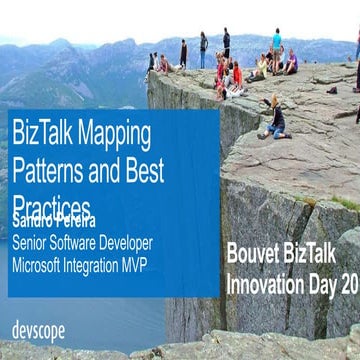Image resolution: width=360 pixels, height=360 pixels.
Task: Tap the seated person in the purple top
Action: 291,63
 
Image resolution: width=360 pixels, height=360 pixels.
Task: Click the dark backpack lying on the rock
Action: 331,90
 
